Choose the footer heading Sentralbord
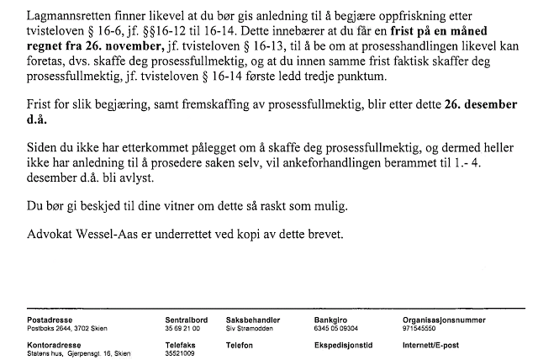(x=186, y=320)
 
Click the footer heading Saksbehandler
(x=253, y=320)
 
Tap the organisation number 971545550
(x=419, y=329)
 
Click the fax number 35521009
(x=180, y=354)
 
